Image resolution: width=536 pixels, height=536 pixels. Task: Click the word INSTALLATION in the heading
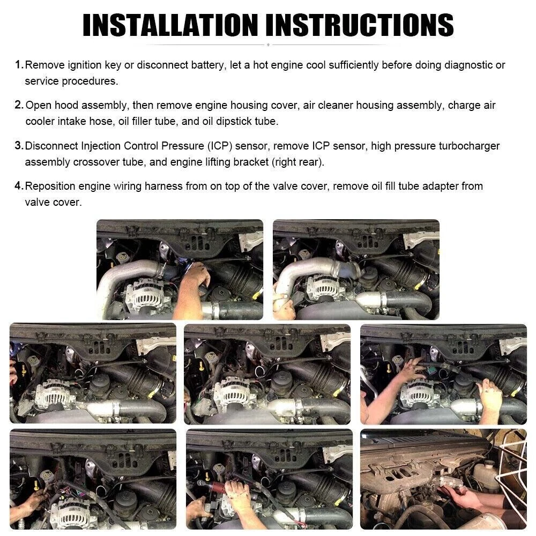tap(170, 25)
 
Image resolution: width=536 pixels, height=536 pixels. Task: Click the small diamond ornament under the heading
tap(269, 44)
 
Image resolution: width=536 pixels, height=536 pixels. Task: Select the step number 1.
tap(19, 64)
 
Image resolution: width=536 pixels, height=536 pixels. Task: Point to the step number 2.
tap(19, 105)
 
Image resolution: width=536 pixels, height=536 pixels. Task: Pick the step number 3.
tap(19, 145)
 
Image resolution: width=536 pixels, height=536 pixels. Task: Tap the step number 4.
tap(19, 185)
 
